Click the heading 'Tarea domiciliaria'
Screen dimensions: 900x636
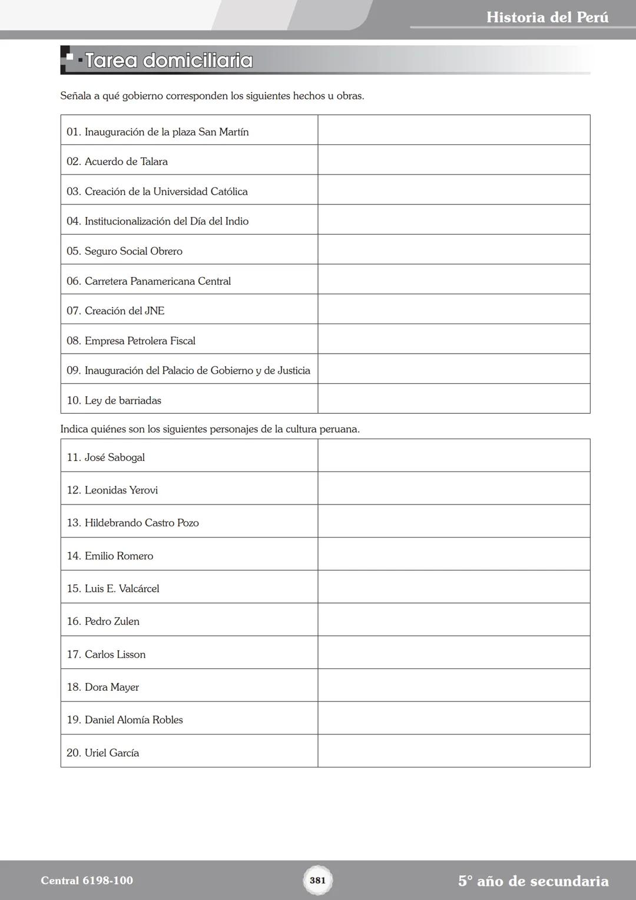(x=168, y=61)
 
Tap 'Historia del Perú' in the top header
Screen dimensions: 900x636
(x=547, y=17)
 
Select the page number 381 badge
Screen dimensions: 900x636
(x=317, y=880)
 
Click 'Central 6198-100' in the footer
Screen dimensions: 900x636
(x=87, y=881)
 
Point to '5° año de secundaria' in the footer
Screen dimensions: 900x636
(x=533, y=881)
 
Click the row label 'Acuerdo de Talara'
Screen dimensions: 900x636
(x=125, y=161)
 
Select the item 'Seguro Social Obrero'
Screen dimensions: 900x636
(x=133, y=251)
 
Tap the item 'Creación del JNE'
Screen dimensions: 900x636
(x=124, y=311)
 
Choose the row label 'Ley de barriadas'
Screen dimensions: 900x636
(x=122, y=400)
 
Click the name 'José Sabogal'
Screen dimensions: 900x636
(x=114, y=457)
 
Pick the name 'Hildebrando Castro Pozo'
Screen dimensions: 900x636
(x=141, y=523)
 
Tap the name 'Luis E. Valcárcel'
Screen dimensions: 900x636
(x=121, y=588)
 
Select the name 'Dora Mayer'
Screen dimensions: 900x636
(x=111, y=687)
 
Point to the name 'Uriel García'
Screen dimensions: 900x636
(x=111, y=753)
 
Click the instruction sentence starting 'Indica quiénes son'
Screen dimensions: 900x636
(x=210, y=429)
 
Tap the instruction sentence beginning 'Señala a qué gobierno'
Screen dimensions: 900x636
(x=212, y=95)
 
